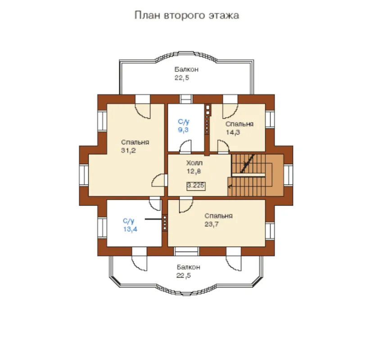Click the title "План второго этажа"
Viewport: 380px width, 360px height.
[186, 15]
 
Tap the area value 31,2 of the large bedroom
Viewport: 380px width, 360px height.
[128, 151]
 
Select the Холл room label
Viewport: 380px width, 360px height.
[195, 163]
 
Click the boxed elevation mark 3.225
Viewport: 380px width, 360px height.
[196, 186]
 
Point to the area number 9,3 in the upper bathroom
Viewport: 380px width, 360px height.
[183, 130]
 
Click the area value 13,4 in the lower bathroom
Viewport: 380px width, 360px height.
[130, 229]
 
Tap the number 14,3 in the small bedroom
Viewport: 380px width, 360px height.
[233, 132]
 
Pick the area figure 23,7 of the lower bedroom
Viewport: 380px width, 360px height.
[212, 225]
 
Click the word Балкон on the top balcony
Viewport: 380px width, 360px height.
[186, 70]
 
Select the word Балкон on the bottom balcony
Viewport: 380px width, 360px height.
[188, 267]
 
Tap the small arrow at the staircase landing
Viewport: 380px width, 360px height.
[230, 186]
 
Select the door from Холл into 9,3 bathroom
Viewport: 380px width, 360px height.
[185, 147]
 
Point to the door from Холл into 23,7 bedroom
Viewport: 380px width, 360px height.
[186, 205]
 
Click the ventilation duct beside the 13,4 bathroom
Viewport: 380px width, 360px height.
[165, 223]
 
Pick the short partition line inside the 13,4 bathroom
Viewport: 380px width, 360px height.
[153, 219]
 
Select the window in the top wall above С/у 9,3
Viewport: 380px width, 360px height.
[186, 99]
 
